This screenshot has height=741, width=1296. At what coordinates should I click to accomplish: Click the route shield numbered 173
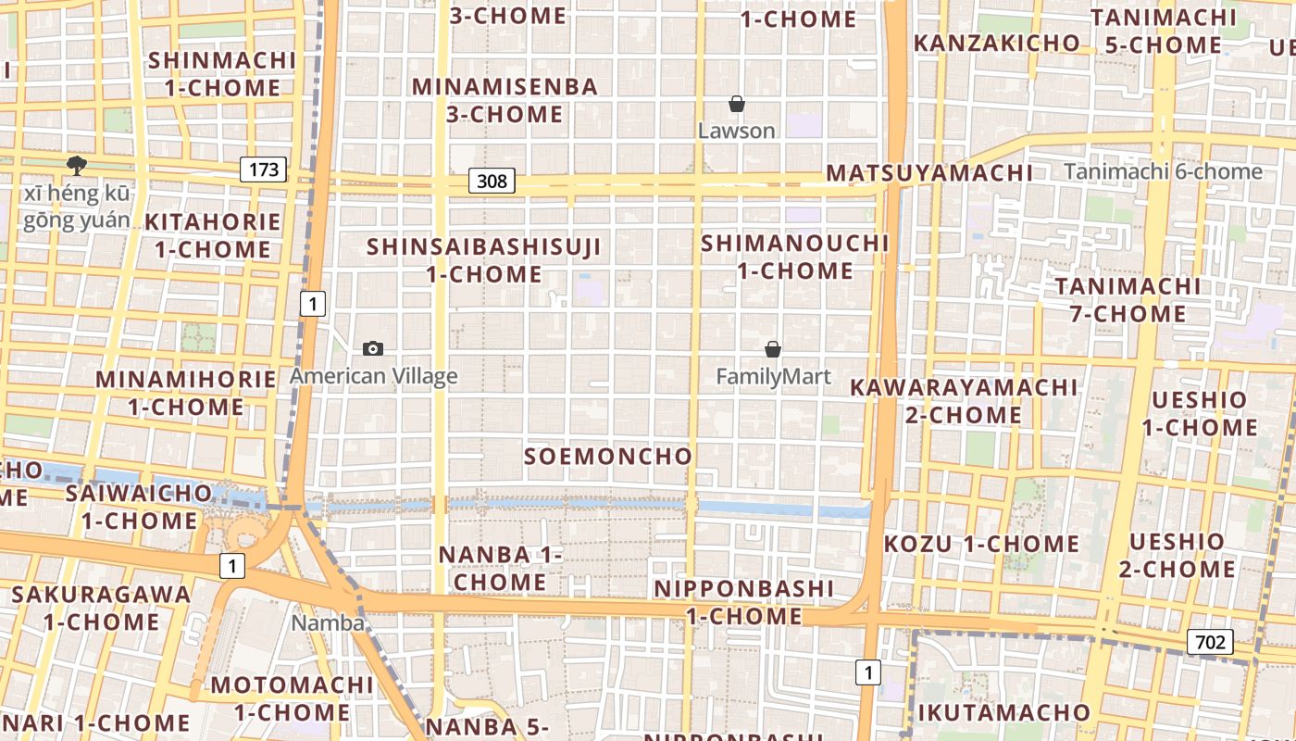coord(264,170)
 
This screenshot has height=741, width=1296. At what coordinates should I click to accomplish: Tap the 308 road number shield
coord(492,181)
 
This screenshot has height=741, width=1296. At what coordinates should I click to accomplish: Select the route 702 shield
coord(1210,642)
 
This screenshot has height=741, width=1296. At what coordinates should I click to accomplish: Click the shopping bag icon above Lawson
coord(737,104)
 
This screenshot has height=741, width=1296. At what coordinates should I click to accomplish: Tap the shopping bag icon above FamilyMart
coord(773,349)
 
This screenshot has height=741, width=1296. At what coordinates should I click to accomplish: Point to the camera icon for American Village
coord(373,348)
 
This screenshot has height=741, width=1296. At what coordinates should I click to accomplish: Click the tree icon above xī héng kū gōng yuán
coord(76,166)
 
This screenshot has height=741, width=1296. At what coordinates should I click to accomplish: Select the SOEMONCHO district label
coord(608,456)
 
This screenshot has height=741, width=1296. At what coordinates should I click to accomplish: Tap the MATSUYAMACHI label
coord(929,173)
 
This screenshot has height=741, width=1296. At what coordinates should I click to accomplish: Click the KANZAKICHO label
coord(997,43)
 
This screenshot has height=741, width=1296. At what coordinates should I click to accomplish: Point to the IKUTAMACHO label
coord(1004,712)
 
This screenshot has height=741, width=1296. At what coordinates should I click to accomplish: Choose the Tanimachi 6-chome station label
coord(1163,171)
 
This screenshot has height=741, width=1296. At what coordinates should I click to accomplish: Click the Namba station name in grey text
coord(328,622)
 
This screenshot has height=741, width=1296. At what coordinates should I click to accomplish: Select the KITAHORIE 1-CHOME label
coord(213,235)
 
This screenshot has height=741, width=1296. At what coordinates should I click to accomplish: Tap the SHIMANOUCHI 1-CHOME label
coord(795,257)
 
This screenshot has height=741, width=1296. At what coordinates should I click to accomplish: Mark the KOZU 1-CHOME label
coord(981,544)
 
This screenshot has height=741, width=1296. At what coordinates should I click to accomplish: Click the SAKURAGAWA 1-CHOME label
coord(102,608)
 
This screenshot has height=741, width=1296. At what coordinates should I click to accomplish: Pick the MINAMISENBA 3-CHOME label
coord(505,100)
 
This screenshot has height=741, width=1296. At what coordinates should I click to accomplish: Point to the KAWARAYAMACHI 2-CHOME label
coord(964,400)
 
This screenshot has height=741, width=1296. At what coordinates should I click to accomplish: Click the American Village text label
coord(374,376)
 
